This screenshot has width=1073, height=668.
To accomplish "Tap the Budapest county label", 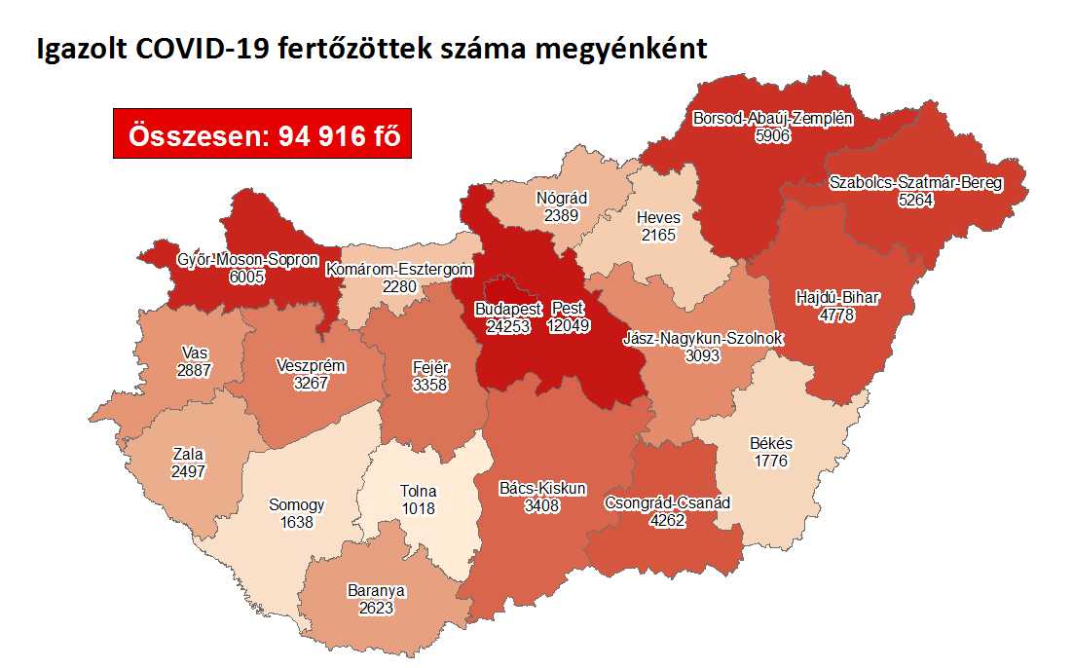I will (507, 310).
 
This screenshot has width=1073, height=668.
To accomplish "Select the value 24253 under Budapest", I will (507, 326).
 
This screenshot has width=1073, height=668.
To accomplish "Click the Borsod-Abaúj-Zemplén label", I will (772, 120).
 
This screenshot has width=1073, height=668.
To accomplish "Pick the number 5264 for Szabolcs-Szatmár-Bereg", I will (914, 200).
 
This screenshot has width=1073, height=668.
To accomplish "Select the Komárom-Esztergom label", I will (399, 269).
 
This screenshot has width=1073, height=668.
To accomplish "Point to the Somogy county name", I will (297, 505).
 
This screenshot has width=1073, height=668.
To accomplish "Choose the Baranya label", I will (376, 590).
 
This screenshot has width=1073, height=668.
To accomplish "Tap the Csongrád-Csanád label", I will (667, 503).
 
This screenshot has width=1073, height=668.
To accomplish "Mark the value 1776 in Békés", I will (771, 460).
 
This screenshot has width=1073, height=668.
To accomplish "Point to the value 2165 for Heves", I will (658, 235).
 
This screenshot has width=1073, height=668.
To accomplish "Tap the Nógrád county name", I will (562, 199).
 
